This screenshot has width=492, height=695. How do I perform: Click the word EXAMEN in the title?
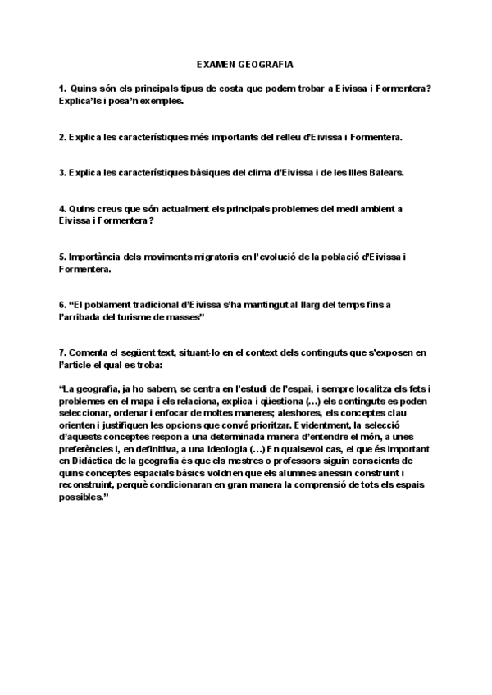[x=216, y=63]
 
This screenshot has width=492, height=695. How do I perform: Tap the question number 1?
[x=62, y=89]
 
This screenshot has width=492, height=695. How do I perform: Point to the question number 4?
[x=62, y=209]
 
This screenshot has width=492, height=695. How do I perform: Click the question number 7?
[x=62, y=352]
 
